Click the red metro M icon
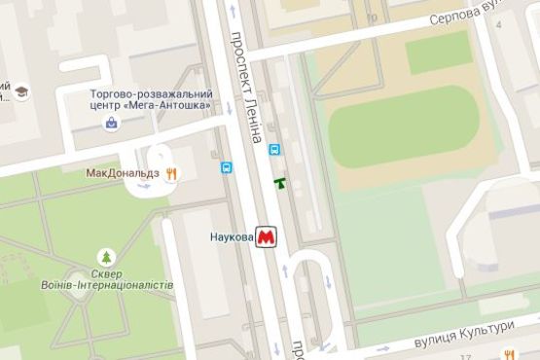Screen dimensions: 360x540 tap(266, 237)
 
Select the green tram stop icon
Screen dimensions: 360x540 tap(280, 181)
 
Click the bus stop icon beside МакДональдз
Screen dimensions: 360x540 tap(226, 166)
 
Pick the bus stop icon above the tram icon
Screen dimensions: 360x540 tap(275, 150)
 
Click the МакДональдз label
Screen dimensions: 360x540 tap(124, 173)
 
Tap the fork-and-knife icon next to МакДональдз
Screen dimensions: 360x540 tap(171, 173)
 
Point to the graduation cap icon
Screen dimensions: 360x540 tap(21, 93)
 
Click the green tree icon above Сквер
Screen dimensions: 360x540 tap(106, 257)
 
